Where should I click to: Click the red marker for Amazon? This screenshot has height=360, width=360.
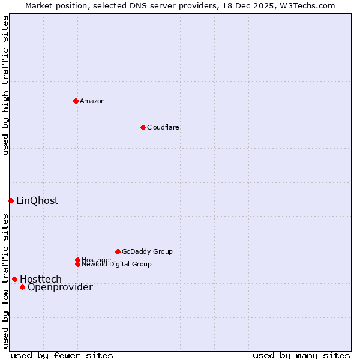click(x=76, y=101)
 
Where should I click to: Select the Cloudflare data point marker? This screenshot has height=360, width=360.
click(x=143, y=127)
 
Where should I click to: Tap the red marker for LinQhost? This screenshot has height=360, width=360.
click(x=11, y=200)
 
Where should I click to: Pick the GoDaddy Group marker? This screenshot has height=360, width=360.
click(x=118, y=251)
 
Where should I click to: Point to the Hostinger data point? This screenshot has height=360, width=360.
click(x=77, y=260)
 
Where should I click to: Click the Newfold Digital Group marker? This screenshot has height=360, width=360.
click(x=77, y=265)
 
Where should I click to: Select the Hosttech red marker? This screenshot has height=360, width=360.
click(x=14, y=279)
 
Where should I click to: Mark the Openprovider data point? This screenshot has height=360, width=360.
click(x=22, y=287)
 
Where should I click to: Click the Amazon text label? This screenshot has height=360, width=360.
click(x=92, y=101)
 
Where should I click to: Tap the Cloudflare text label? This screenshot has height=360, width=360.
click(x=163, y=127)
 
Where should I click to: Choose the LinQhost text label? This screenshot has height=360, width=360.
click(x=37, y=200)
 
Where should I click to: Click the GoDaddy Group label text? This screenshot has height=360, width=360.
click(x=147, y=251)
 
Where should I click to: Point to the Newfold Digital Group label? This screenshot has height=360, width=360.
click(x=117, y=265)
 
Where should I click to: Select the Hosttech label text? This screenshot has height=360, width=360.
click(x=41, y=279)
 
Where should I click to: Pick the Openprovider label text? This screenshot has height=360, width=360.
click(x=60, y=287)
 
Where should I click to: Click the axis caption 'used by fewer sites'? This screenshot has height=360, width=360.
click(x=62, y=355)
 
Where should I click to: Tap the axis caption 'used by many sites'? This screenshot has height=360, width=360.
click(x=301, y=355)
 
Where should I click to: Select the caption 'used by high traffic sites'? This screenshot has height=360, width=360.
click(x=5, y=85)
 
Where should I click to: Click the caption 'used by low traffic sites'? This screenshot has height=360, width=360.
click(x=5, y=280)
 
